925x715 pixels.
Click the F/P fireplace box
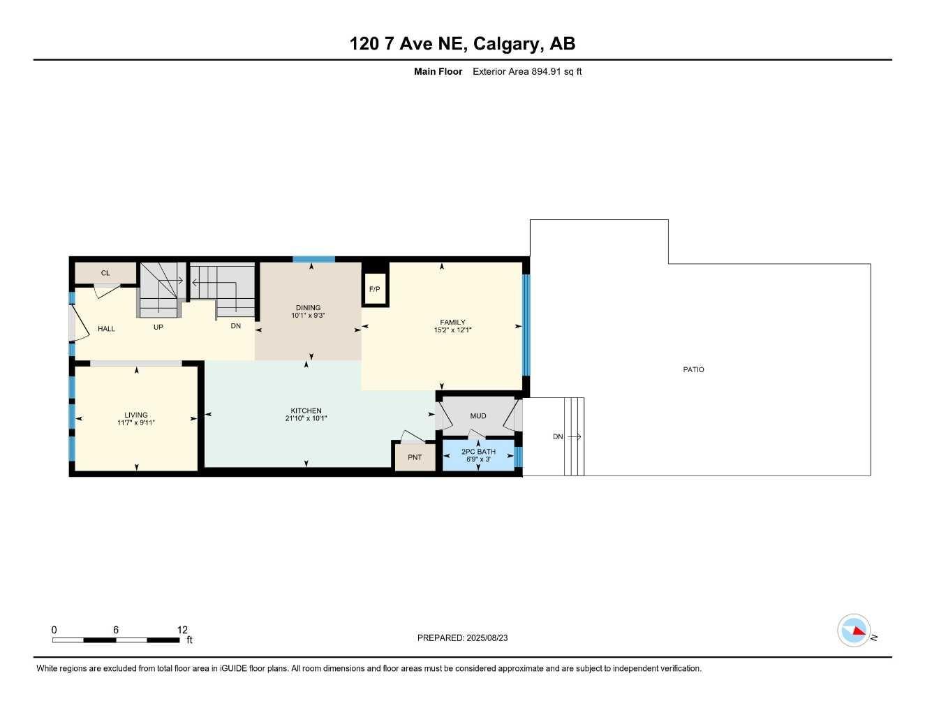[x=375, y=289]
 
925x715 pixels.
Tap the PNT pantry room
[x=415, y=458]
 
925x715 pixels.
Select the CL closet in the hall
[x=105, y=273]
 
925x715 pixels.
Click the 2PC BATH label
[x=478, y=452]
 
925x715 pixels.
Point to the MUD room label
[x=478, y=416]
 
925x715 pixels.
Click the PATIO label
[x=693, y=369]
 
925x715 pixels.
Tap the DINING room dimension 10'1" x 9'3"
[x=308, y=316]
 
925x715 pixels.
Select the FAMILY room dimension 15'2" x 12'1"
[x=452, y=330]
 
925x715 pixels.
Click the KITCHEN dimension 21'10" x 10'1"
[x=306, y=419]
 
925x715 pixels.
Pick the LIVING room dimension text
[x=136, y=422]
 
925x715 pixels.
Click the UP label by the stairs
[x=158, y=327]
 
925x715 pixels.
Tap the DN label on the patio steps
[x=558, y=437]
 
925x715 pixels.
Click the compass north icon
[x=854, y=631]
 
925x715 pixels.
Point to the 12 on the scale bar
[x=182, y=630]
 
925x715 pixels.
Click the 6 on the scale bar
[x=116, y=630]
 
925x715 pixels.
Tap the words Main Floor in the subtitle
[x=438, y=71]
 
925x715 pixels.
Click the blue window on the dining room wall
[x=313, y=260]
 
